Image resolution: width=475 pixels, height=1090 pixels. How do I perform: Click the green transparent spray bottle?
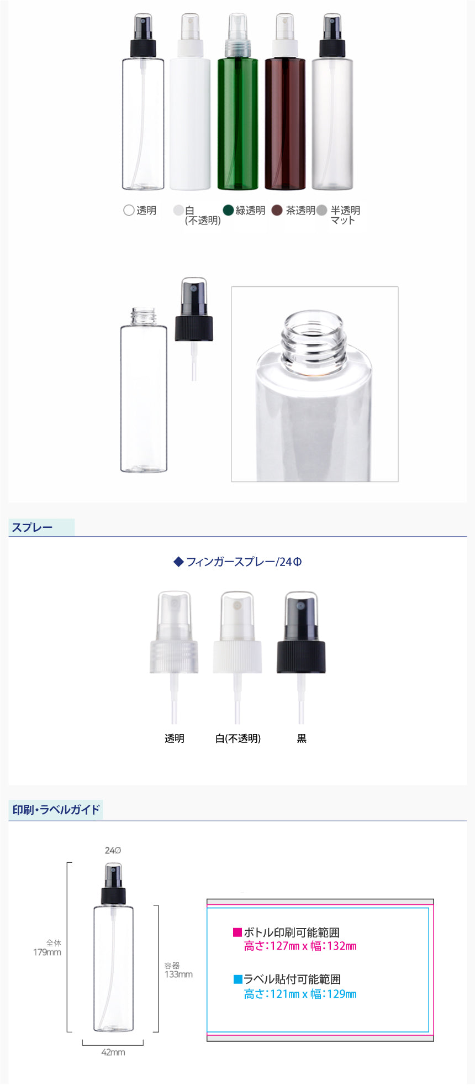click(237, 102)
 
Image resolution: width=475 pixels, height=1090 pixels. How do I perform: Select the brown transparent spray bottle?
click(285, 102)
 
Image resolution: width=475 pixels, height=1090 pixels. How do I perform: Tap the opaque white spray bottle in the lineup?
click(190, 102)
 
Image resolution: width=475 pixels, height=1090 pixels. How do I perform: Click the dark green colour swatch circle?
click(229, 210)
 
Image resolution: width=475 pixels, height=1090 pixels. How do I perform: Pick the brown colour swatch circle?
click(277, 210)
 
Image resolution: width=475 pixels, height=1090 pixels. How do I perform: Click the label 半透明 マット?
click(345, 215)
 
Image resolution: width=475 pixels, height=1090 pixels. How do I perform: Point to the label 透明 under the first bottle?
click(146, 211)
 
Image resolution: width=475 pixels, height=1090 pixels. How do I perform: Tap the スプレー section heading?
click(32, 527)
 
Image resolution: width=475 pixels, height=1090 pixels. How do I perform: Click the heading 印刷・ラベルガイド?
click(56, 810)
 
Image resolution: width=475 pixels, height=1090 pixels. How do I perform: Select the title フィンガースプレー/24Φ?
click(238, 562)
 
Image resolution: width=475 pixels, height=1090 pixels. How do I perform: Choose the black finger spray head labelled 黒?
click(301, 658)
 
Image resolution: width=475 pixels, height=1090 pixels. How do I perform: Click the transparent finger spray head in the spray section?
click(174, 658)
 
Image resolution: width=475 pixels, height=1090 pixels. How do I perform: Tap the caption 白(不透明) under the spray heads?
click(238, 738)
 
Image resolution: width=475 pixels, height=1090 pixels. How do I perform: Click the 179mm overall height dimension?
click(47, 952)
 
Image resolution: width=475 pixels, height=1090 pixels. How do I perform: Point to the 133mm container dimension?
click(178, 974)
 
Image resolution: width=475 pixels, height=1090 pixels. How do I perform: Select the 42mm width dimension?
click(113, 1052)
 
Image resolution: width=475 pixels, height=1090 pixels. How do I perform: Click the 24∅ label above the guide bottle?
click(113, 850)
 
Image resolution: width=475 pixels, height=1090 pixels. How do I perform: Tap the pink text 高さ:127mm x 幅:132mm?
click(300, 946)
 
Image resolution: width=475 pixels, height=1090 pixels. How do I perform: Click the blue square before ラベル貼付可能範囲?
click(238, 979)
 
